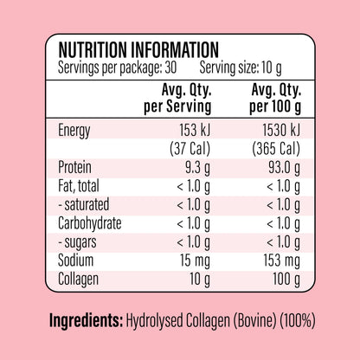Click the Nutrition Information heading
pyautogui.click(x=138, y=50)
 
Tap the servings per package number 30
pyautogui.click(x=170, y=68)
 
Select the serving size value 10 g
pyautogui.click(x=272, y=68)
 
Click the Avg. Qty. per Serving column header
pyautogui.click(x=177, y=99)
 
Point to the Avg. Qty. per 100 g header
pyautogui.click(x=275, y=99)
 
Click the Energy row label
pyautogui.click(x=74, y=131)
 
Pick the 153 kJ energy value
pyautogui.click(x=195, y=130)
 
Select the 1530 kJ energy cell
pyautogui.click(x=281, y=130)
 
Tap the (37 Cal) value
pyautogui.click(x=190, y=149)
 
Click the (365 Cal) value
pyautogui.click(x=276, y=149)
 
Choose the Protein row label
pyautogui.click(x=74, y=167)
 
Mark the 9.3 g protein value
pyautogui.click(x=197, y=168)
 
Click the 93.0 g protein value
pyautogui.click(x=284, y=168)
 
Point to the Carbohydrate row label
pyautogui.click(x=90, y=223)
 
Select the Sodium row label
pyautogui.click(x=76, y=260)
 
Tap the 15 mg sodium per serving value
pyautogui.click(x=196, y=260)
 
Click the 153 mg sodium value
pyautogui.click(x=282, y=260)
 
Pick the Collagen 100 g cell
pyautogui.click(x=286, y=280)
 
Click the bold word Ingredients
pyautogui.click(x=86, y=320)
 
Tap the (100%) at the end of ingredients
pyautogui.click(x=298, y=320)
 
